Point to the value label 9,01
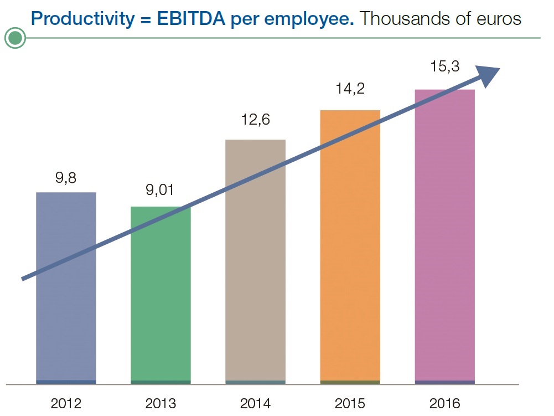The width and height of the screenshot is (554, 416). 160,191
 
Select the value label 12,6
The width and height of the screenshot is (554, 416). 255,120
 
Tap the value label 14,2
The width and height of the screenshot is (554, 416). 350,89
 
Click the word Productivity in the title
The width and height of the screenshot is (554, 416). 79,19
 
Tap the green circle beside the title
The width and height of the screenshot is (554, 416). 15,38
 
